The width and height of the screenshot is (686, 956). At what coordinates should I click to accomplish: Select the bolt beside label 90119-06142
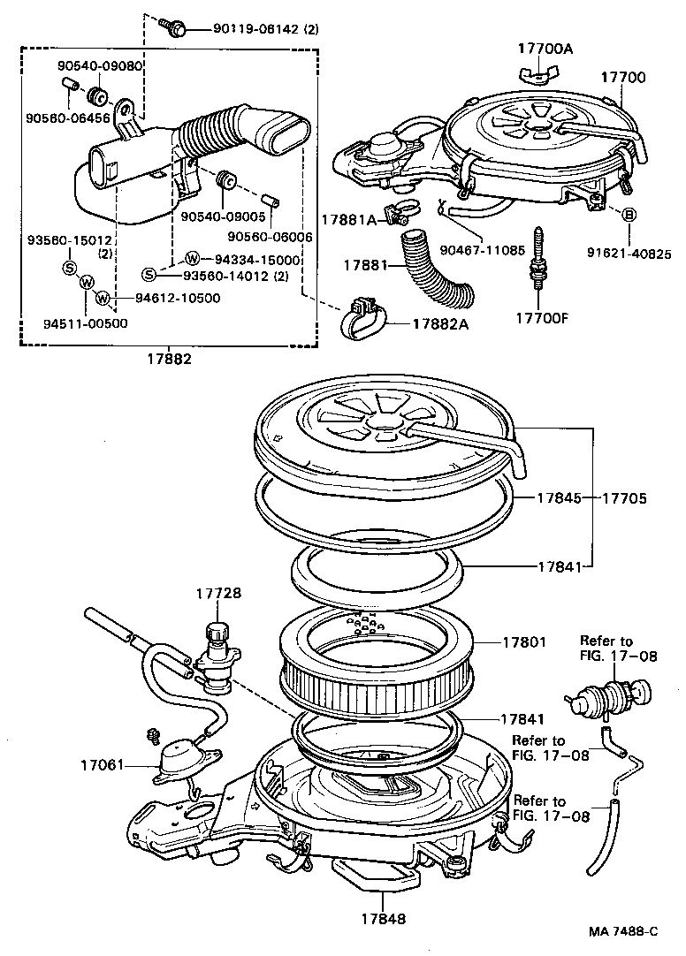(176, 29)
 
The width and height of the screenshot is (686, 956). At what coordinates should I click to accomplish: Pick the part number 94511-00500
(85, 323)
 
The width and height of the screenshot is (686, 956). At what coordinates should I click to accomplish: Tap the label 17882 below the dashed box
(170, 360)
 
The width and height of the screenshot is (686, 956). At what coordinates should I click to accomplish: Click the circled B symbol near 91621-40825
(629, 215)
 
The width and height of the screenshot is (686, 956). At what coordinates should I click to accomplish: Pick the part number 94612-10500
(178, 298)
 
